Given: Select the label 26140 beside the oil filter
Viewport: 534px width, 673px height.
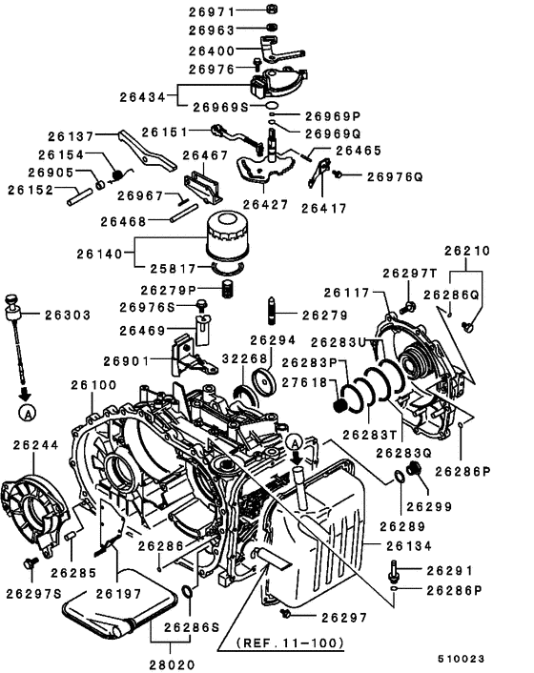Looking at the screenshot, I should click(x=100, y=255).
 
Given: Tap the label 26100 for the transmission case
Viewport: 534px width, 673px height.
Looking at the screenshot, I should click(x=92, y=384).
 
